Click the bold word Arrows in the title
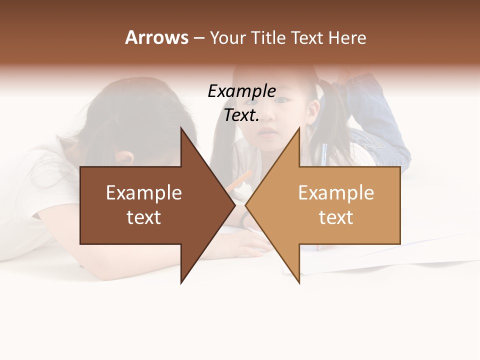[156, 37]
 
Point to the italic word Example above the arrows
[241, 91]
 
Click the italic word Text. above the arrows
[241, 115]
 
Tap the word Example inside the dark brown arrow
[144, 193]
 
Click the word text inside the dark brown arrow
[144, 217]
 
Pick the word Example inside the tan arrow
[336, 193]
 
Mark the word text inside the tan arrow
[336, 217]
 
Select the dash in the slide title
[198, 38]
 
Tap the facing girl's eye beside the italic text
[283, 100]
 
